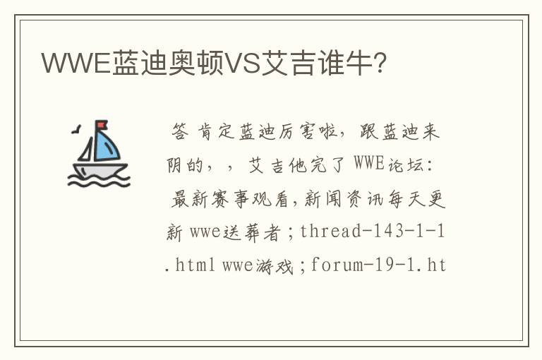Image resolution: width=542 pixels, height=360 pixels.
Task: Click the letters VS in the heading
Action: point(242,63)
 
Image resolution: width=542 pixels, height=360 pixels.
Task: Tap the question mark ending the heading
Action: point(380,63)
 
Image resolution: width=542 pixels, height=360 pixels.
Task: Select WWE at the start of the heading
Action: point(76,63)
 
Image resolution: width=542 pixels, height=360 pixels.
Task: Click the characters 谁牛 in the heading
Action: point(346,63)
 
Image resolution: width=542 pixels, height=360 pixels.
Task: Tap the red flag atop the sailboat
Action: point(102,124)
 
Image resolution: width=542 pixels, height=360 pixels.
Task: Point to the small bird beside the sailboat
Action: point(77,129)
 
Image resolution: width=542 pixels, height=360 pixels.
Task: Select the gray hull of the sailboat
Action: point(100,170)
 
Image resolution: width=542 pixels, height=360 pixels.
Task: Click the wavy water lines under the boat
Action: point(99,181)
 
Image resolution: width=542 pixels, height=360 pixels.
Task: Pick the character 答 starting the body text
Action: point(180,132)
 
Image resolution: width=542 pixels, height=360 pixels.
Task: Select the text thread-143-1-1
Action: point(373,231)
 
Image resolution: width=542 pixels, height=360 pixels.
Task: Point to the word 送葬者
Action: point(252,232)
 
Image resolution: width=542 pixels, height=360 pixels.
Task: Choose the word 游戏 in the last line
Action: point(275,266)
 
